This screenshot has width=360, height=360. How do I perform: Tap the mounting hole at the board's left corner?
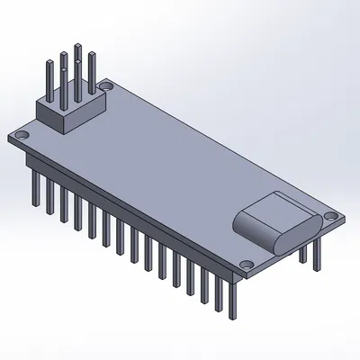coord(22,134)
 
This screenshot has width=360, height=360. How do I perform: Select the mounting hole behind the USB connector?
coord(330,217)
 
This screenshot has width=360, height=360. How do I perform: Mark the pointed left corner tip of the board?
coord(7,137)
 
